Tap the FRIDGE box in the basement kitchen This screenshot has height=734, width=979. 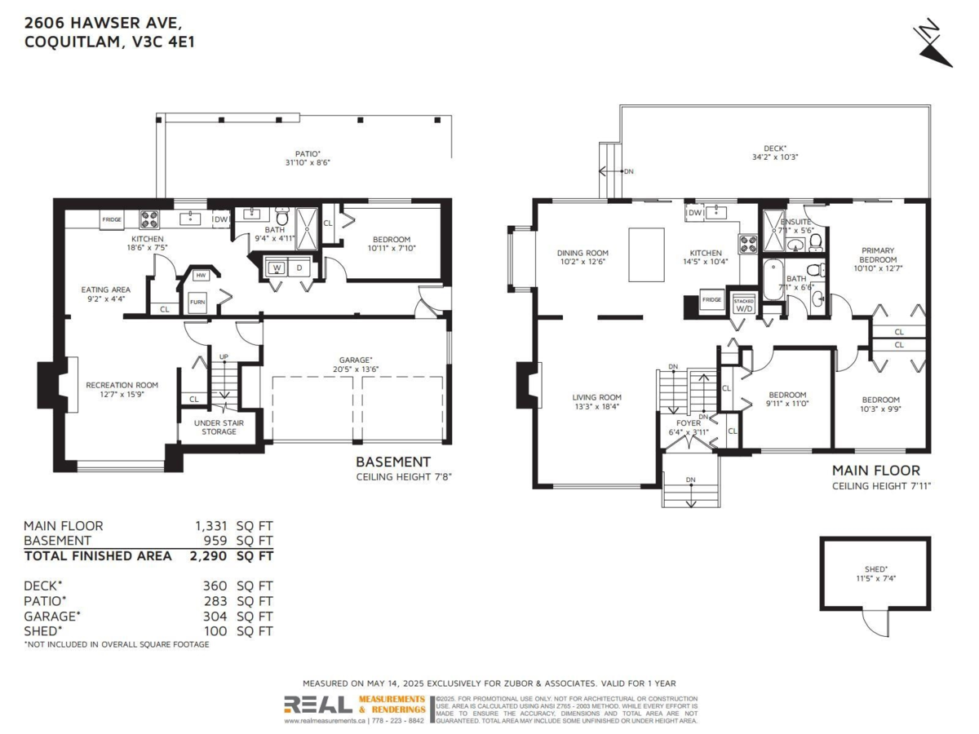click(x=112, y=219)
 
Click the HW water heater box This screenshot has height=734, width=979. click(x=200, y=276)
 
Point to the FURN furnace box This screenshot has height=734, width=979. click(x=197, y=302)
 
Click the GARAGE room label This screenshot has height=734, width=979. click(x=356, y=360)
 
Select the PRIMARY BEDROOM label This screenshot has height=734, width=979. click(x=878, y=255)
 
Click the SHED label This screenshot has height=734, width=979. click(x=875, y=569)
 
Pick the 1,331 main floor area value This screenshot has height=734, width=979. click(x=211, y=526)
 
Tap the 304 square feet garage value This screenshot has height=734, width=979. click(x=215, y=616)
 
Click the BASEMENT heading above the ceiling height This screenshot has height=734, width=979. click(x=392, y=462)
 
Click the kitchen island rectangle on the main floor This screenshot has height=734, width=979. click(x=646, y=254)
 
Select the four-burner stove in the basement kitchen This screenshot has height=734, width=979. click(x=149, y=219)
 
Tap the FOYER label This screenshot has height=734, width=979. click(x=689, y=423)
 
